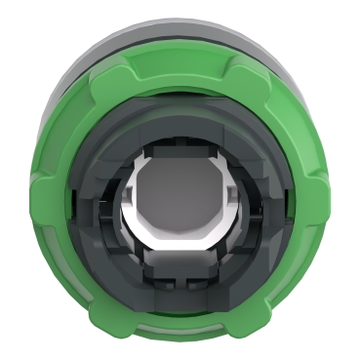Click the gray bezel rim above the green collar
[180, 21]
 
